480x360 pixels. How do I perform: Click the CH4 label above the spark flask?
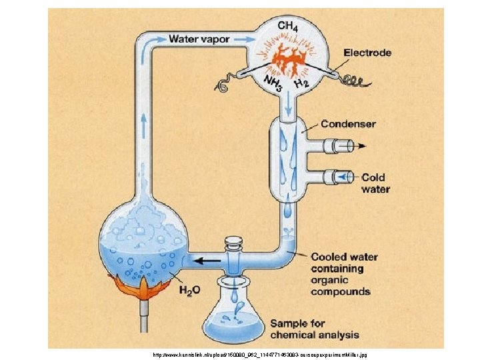pyautogui.click(x=287, y=26)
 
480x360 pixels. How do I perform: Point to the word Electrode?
pyautogui.click(x=367, y=53)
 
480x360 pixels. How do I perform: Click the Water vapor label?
pyautogui.click(x=199, y=39)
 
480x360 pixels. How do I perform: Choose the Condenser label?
pyautogui.click(x=348, y=124)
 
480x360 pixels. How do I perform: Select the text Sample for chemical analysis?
pyautogui.click(x=314, y=329)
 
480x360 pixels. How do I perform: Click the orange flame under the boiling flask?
pyautogui.click(x=143, y=289)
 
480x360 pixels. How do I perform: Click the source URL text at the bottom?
pyautogui.click(x=260, y=355)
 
